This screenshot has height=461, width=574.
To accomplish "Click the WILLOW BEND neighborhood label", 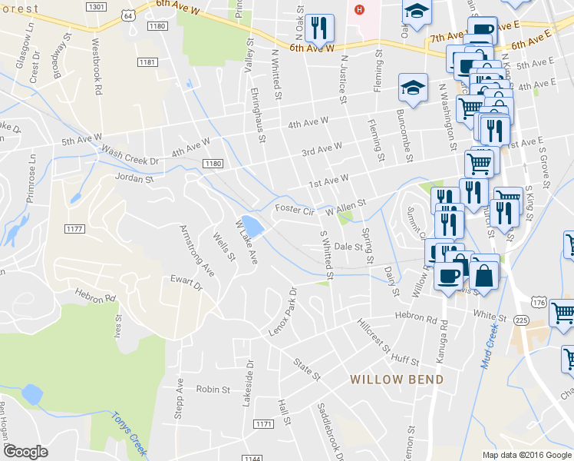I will [397, 380].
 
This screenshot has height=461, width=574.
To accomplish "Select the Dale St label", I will [348, 247].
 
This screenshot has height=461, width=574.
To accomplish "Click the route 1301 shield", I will [97, 7].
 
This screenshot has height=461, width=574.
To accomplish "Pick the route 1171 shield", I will [263, 424].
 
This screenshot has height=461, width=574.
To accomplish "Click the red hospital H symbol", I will [357, 9].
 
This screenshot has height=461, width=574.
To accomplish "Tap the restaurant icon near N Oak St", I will [318, 28].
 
